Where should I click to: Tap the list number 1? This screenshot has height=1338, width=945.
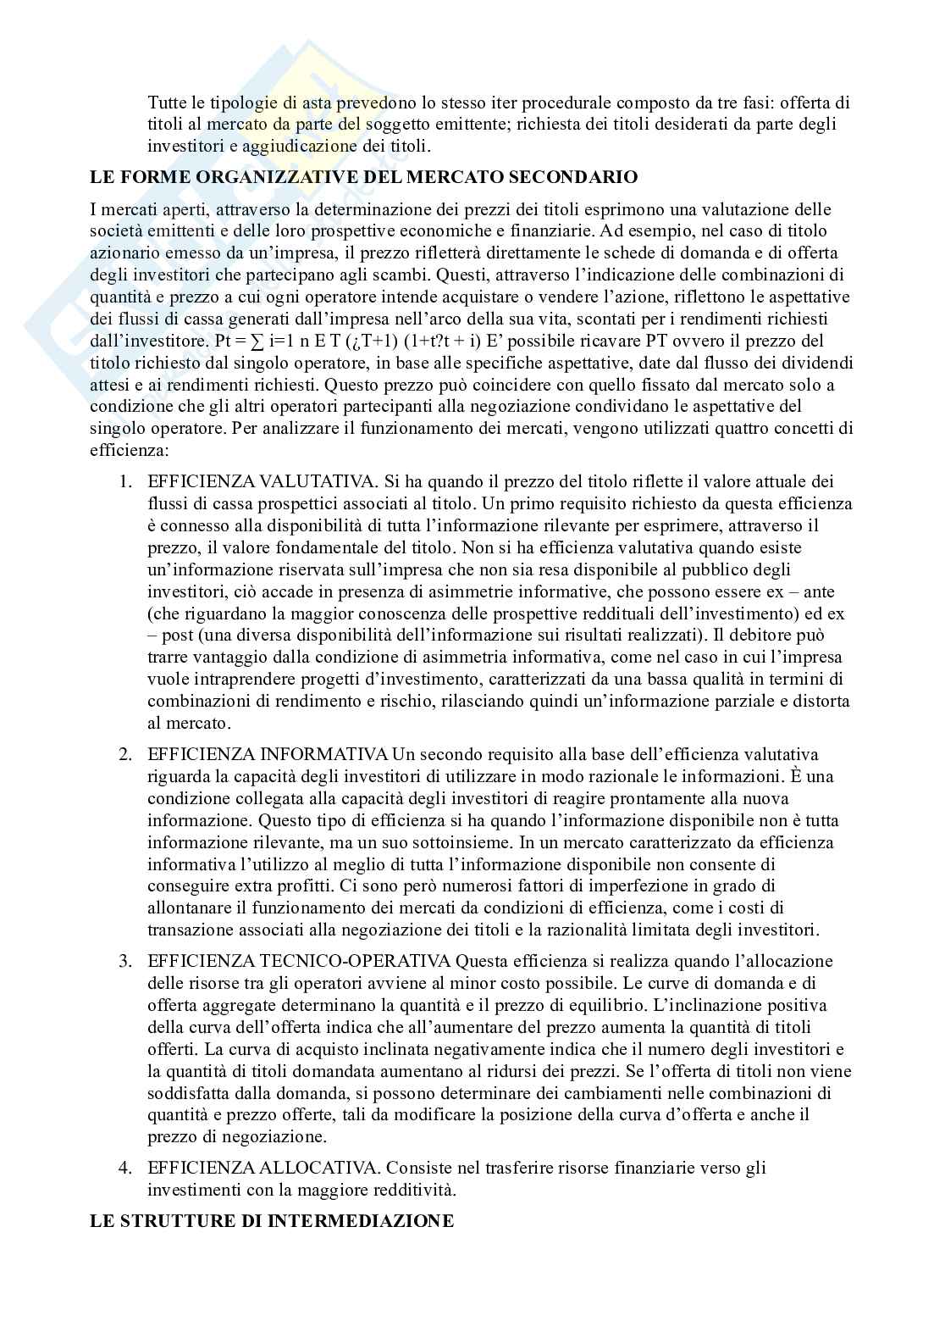pyautogui.click(x=124, y=481)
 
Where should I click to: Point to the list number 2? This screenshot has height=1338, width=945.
pyautogui.click(x=124, y=754)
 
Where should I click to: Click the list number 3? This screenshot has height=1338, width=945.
pyautogui.click(x=124, y=961)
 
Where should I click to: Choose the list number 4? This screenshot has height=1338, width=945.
pyautogui.click(x=124, y=1168)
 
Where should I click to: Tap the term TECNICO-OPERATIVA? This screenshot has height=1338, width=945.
pyautogui.click(x=355, y=961)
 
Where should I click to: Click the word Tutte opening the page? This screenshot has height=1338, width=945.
pyautogui.click(x=167, y=103)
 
